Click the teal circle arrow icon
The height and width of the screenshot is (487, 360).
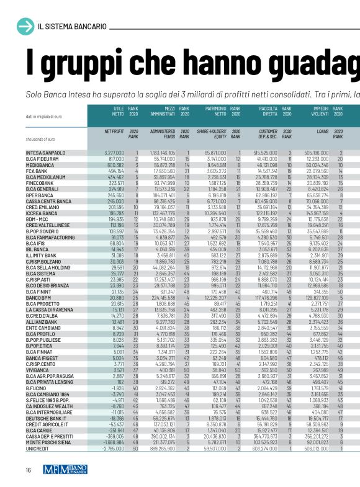[x=26, y=26]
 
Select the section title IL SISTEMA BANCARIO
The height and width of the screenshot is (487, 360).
[x=72, y=27]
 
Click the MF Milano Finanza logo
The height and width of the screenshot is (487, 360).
[x=64, y=469]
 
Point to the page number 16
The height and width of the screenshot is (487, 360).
[x=29, y=469]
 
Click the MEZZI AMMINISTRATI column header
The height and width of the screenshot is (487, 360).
[x=161, y=111]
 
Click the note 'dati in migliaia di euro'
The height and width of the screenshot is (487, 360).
[x=44, y=117]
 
